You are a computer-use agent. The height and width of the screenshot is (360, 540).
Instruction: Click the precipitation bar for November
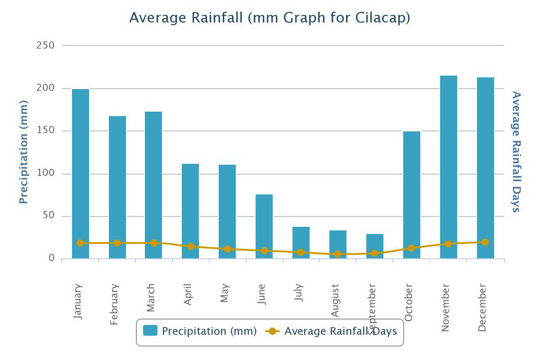point(449,167)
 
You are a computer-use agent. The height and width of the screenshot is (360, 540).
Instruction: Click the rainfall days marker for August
point(337,254)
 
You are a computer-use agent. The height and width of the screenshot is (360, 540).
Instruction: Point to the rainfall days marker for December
point(485,242)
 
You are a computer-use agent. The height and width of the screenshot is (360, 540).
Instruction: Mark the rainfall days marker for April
point(191,246)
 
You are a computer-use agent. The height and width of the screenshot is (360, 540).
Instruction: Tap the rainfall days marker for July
point(301,252)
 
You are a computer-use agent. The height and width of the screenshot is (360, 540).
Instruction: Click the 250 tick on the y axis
point(45,45)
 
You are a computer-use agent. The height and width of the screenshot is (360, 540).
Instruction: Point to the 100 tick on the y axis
point(45,174)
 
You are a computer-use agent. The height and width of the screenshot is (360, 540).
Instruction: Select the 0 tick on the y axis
point(52,258)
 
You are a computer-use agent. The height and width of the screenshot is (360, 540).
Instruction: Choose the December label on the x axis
point(482,307)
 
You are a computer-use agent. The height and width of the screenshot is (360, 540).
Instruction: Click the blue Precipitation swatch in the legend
point(150,331)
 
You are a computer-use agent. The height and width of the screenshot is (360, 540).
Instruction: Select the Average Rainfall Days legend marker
point(272,332)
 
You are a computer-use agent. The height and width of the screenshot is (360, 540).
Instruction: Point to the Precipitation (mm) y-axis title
point(24,152)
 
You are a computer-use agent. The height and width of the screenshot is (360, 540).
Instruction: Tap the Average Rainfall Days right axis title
point(516,152)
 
